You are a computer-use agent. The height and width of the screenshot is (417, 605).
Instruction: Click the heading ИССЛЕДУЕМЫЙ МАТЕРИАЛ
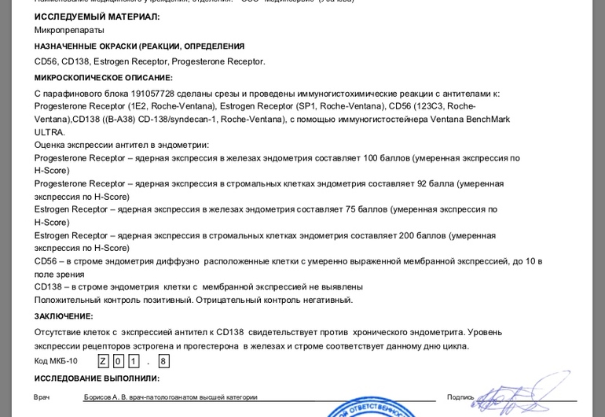97,17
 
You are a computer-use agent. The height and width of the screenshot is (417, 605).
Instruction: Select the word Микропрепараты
69,30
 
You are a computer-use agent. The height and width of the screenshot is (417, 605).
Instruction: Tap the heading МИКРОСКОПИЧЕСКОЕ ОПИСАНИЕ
103,78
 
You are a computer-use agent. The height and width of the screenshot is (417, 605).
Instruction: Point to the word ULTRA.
49,132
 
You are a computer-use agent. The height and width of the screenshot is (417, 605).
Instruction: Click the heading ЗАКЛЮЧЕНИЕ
64,316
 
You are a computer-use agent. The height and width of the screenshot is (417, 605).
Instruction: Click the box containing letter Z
103,361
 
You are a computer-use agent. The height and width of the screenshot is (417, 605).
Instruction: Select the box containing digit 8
163,361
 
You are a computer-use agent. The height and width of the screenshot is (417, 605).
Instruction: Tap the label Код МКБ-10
56,361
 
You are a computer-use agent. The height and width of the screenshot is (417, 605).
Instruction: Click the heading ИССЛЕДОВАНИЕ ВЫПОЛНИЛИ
97,378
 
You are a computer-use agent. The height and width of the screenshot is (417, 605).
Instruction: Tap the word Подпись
460,397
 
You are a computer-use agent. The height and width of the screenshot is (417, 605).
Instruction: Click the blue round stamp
369,409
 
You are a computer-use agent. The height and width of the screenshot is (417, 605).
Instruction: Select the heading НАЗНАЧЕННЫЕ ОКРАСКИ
139,46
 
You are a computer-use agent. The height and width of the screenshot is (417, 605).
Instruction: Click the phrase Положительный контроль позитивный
112,300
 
